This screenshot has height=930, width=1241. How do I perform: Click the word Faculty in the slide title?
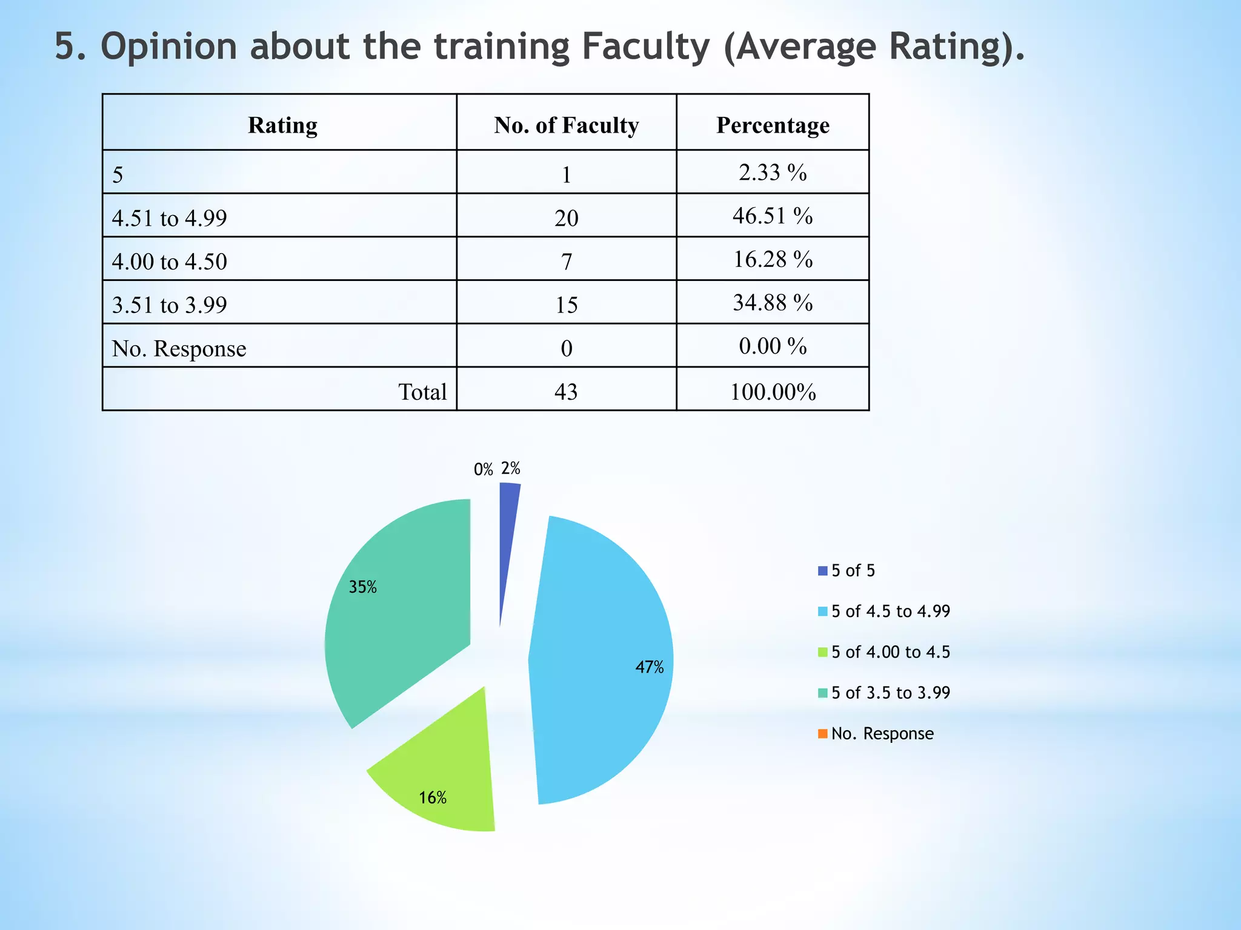pos(645,47)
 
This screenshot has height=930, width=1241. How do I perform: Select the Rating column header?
pos(282,125)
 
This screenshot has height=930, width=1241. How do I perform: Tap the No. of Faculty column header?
pos(566,125)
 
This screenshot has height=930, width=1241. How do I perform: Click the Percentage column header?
pos(773,125)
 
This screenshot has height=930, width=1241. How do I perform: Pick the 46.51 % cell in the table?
pos(773,216)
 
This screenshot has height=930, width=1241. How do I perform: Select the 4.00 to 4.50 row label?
pos(170,262)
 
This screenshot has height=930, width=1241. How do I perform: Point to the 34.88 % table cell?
pos(773,303)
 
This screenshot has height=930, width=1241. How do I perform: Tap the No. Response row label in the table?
pos(179,349)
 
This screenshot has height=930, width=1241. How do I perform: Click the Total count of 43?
pos(566,392)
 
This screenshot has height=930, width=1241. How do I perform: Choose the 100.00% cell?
pos(773,392)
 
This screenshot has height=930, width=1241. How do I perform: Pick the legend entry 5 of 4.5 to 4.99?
pos(890,612)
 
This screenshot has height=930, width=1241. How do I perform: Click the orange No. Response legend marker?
pos(822,734)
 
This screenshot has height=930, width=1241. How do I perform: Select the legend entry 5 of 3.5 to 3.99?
pos(890,693)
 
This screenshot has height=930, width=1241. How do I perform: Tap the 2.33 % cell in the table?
pos(773,173)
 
